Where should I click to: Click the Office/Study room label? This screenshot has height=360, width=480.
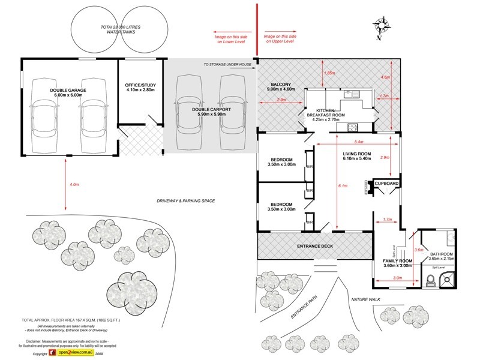(140, 88)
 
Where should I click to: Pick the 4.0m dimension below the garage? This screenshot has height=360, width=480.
(74, 184)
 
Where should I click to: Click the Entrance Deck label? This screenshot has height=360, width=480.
(315, 246)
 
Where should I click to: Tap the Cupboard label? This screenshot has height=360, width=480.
(386, 183)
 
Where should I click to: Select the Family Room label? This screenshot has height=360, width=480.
(398, 263)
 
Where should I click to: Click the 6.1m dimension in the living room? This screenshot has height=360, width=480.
(343, 186)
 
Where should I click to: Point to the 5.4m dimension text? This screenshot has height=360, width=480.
(360, 142)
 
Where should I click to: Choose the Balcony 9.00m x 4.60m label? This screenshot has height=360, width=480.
(280, 86)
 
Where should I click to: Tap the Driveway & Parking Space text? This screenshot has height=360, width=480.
(185, 200)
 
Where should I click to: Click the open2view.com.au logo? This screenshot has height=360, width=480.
(72, 354)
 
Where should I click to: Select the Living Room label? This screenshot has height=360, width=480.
(358, 157)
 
